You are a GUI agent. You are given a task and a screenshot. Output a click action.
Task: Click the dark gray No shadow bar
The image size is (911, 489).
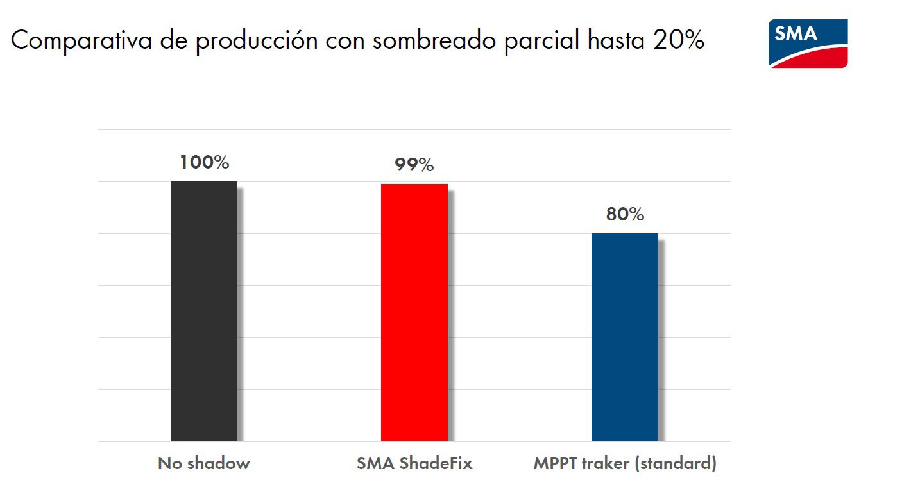click(x=204, y=311)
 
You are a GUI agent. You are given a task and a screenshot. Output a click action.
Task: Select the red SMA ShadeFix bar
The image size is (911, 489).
click(x=414, y=312)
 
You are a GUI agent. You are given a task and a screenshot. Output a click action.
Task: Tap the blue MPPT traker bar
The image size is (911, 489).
click(x=624, y=336)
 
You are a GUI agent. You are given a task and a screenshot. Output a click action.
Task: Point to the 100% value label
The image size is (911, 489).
click(x=204, y=162)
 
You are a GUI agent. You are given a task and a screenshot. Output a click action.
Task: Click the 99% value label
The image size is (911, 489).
click(x=414, y=165)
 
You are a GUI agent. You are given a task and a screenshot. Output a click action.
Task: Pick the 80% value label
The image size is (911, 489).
click(x=624, y=215)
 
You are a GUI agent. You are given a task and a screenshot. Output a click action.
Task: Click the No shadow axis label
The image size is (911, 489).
click(x=203, y=463)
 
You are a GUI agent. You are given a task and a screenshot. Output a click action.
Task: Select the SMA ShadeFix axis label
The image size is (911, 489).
click(x=414, y=463)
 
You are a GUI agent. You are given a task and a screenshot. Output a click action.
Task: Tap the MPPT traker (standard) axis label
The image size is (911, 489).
click(x=624, y=463)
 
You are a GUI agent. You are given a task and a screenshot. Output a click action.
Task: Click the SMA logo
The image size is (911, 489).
click(x=808, y=43)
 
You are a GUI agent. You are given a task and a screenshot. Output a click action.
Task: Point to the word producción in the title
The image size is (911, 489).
click(x=257, y=41)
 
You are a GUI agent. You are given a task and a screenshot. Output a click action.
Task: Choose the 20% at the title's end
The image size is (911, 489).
click(x=679, y=41)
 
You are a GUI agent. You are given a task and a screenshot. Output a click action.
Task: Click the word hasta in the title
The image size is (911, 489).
click(x=617, y=41)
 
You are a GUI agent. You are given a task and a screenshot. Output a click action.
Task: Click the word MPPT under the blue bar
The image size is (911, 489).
click(x=553, y=463)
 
